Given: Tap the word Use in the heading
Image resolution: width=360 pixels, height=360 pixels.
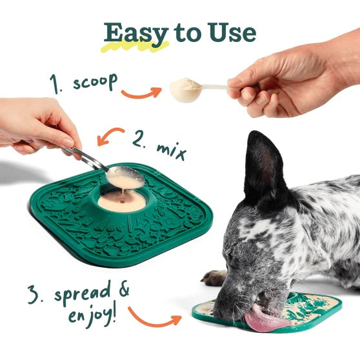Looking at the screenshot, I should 230,32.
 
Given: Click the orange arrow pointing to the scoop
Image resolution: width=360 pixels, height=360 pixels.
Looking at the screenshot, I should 141,94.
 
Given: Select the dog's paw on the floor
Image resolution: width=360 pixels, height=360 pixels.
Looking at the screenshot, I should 215,278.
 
